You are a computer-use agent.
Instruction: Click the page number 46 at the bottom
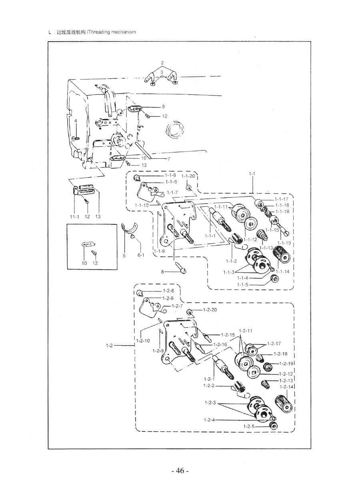[180, 471]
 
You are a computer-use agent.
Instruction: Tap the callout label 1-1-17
[282, 199]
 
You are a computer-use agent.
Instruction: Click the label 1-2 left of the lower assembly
[109, 345]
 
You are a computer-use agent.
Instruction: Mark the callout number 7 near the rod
[169, 158]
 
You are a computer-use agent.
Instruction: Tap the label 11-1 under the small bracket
[75, 216]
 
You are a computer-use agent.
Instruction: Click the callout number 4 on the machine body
[75, 120]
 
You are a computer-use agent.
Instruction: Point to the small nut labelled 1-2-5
[274, 425]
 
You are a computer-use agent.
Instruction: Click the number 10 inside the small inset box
[84, 263]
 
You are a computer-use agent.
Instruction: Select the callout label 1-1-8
[170, 176]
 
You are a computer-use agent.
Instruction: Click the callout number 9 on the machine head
[163, 107]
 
